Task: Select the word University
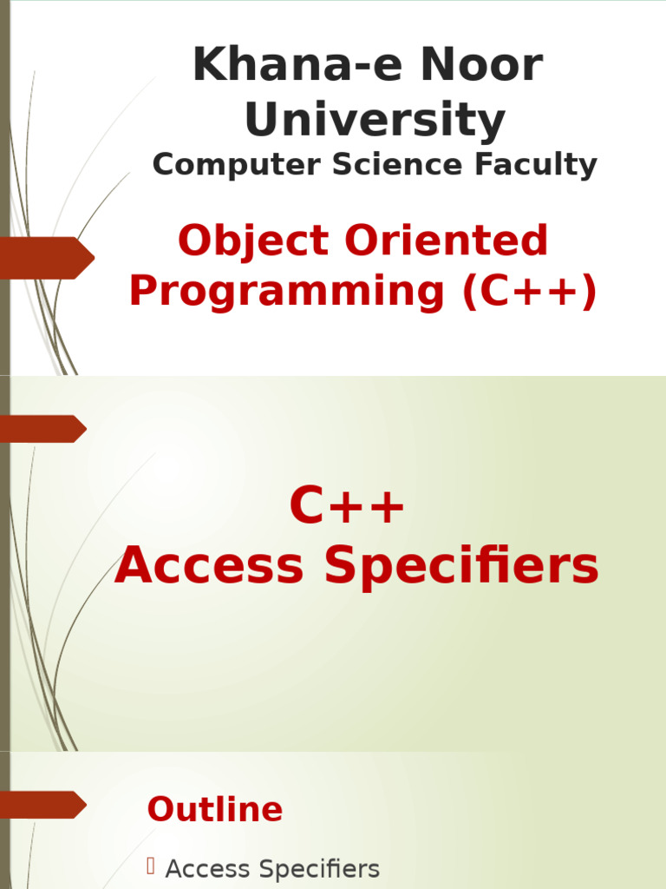(375, 120)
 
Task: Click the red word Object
(253, 240)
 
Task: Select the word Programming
(287, 292)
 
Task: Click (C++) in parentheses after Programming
(529, 292)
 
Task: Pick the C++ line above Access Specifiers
(347, 507)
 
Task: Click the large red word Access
(209, 566)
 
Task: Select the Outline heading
(215, 809)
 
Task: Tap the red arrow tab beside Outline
(43, 805)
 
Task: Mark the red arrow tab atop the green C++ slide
(43, 429)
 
